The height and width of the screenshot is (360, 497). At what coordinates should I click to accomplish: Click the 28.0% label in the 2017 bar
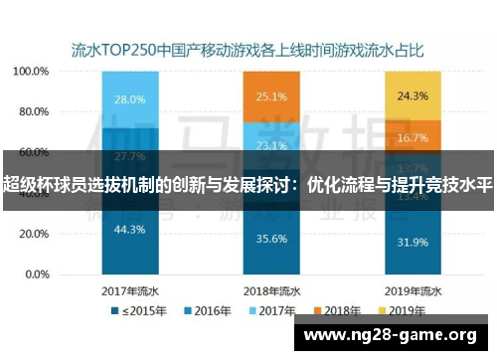[x=130, y=99]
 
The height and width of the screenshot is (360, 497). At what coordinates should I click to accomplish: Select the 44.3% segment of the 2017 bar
[x=130, y=230]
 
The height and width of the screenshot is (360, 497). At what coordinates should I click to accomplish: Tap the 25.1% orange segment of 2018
[x=272, y=96]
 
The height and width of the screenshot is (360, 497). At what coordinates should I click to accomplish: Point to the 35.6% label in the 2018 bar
[x=272, y=239]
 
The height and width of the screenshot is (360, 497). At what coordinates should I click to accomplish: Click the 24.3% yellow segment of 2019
[x=412, y=95]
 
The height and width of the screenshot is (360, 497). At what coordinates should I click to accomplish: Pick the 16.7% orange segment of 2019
[x=412, y=138]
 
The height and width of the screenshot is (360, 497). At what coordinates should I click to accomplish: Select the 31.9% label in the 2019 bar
[x=412, y=242]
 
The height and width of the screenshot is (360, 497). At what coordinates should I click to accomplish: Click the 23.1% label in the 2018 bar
[x=272, y=144]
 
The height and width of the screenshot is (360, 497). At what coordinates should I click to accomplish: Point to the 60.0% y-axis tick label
[x=34, y=153]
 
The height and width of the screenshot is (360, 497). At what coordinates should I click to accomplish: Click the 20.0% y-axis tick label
[x=34, y=235]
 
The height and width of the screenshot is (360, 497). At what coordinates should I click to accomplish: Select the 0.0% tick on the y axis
[x=37, y=274]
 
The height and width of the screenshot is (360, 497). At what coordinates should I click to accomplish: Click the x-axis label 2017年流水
[x=130, y=291]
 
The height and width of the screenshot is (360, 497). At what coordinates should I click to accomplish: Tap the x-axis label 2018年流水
[x=272, y=291]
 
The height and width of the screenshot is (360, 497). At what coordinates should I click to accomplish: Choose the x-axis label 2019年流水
[x=412, y=291]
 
